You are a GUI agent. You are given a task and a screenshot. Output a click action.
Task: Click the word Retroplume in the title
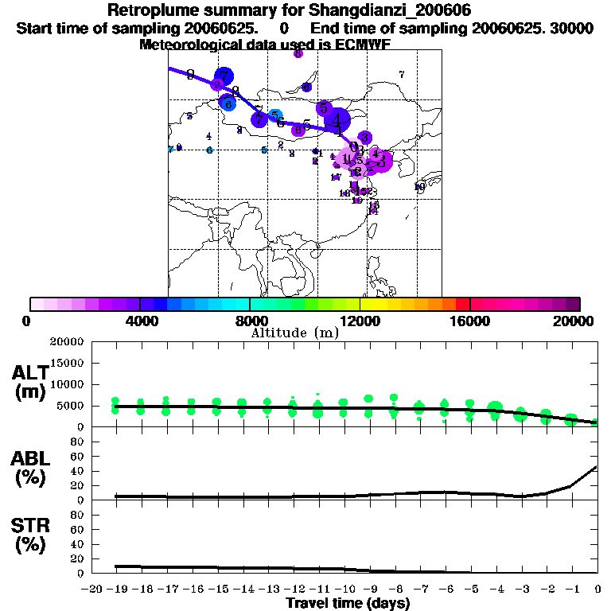click(148, 11)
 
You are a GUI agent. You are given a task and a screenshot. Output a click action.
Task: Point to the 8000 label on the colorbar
click(249, 321)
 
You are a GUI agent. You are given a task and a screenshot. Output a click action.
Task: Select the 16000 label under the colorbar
click(470, 321)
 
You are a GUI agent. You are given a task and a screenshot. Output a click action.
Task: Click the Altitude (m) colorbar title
click(294, 333)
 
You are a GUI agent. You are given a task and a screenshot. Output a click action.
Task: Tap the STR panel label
click(29, 535)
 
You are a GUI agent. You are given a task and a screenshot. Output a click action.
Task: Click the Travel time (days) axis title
click(348, 604)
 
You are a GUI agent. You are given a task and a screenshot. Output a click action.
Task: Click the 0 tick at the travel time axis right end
click(597, 589)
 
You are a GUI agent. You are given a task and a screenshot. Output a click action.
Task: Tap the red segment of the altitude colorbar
click(463, 304)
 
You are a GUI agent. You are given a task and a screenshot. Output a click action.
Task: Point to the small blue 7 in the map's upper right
click(402, 75)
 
